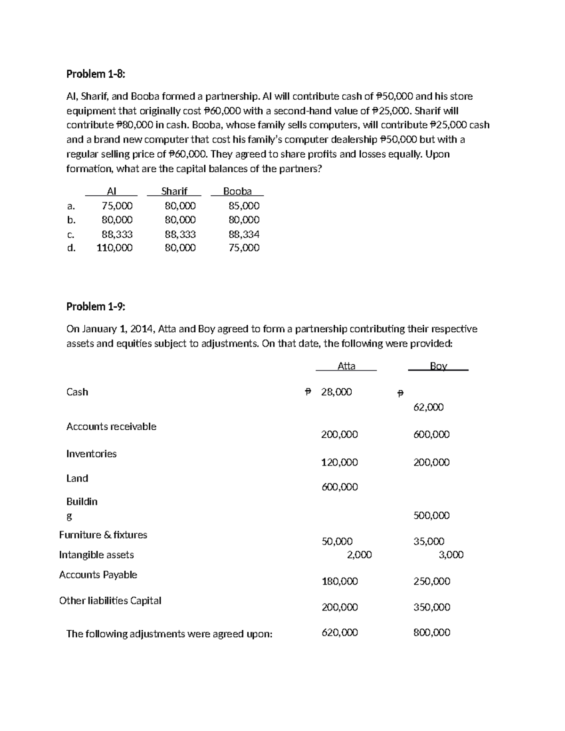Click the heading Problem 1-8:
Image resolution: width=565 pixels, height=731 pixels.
96,74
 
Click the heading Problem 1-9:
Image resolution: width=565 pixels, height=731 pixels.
96,306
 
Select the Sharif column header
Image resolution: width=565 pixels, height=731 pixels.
174,191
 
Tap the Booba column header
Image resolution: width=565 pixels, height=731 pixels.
237,191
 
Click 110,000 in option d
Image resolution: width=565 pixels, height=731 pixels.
114,248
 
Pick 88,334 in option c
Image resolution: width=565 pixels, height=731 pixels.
244,234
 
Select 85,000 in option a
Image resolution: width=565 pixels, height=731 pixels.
244,206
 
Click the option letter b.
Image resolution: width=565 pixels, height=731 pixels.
71,220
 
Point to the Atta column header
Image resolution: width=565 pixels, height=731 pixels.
347,366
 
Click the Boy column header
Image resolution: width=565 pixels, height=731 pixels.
438,366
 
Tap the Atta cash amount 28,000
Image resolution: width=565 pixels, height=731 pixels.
336,392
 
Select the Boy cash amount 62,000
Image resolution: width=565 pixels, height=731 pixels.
428,407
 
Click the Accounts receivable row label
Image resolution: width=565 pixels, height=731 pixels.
111,426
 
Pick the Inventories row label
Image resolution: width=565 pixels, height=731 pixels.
91,454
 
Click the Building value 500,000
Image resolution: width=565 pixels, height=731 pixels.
431,515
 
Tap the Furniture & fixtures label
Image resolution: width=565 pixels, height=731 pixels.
103,535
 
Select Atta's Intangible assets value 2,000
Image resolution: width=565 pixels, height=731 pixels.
359,554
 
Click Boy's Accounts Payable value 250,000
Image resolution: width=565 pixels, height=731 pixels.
432,581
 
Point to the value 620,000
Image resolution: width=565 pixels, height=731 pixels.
339,633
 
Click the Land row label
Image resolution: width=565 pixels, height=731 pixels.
77,478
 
